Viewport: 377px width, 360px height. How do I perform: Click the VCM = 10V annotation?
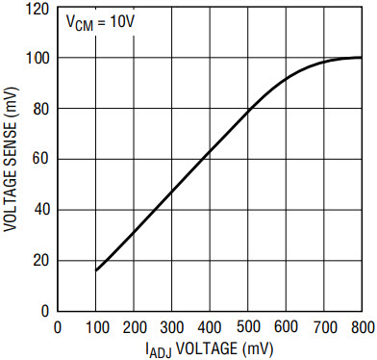point(100,22)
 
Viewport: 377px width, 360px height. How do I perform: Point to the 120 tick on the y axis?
point(37,9)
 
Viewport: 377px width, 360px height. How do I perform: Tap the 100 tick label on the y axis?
point(37,59)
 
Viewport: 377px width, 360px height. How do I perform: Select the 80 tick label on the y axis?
point(40,110)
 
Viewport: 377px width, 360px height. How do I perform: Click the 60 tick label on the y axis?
point(40,160)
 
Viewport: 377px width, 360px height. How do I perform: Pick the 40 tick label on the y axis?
point(40,210)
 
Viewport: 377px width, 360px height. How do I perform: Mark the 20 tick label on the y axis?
point(40,261)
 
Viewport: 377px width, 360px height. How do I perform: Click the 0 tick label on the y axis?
point(45,311)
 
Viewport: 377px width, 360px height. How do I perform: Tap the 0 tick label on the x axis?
point(58,327)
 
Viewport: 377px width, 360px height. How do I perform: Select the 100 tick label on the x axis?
point(97,327)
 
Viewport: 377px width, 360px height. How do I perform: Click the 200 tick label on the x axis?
point(134,327)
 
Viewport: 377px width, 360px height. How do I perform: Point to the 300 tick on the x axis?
point(172,327)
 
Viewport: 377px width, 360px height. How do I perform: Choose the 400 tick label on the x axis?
point(210,327)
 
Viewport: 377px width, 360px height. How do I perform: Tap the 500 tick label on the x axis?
point(248,327)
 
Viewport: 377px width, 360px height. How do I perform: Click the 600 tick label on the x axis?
point(286,327)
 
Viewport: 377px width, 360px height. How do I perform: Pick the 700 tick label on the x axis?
point(324,327)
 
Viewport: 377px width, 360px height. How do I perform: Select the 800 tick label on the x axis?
point(362,327)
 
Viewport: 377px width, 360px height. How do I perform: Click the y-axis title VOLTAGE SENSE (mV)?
point(11,159)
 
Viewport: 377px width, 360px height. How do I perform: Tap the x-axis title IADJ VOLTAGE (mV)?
point(209,348)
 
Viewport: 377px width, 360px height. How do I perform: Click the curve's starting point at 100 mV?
point(96,270)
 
